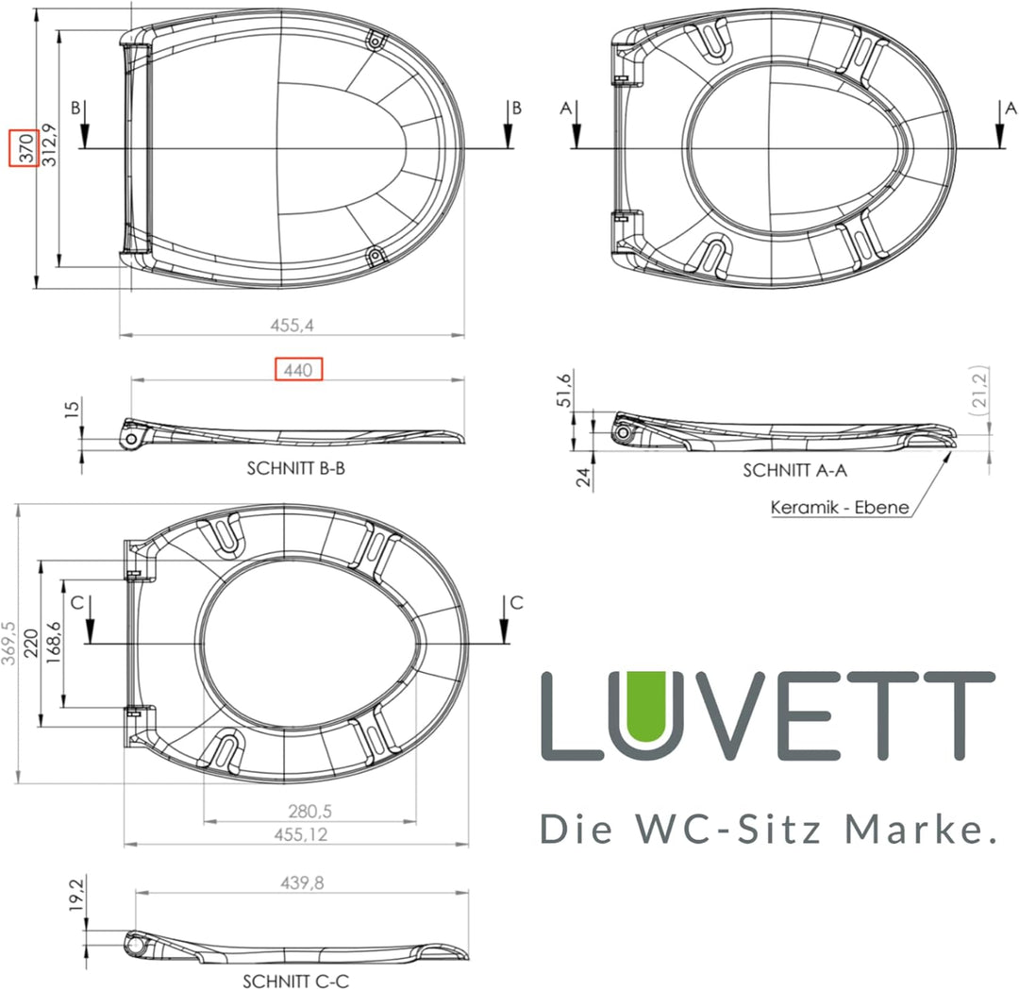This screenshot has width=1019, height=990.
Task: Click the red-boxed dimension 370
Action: [24, 147]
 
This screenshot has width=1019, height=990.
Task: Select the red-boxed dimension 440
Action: [298, 370]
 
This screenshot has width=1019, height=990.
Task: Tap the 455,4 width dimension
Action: [292, 325]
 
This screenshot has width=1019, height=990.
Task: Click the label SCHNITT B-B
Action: [295, 467]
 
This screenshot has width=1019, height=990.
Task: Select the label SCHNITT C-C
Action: [295, 981]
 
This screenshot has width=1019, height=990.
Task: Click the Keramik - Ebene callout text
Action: [840, 508]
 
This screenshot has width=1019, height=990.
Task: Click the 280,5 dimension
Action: [309, 811]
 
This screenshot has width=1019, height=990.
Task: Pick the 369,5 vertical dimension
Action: [8, 644]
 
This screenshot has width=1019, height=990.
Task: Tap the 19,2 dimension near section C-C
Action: [77, 892]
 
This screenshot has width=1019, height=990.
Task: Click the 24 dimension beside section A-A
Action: [586, 478]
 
